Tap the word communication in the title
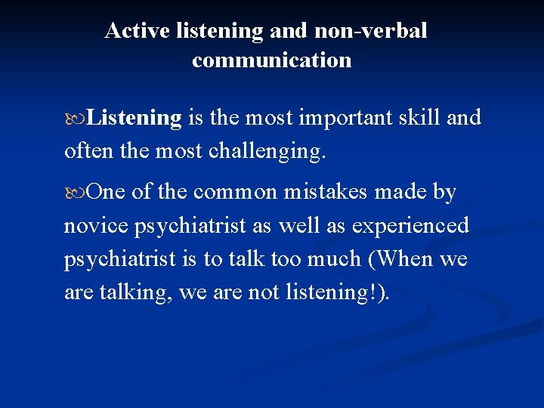(271, 60)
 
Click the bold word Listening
(134, 118)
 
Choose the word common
(236, 192)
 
